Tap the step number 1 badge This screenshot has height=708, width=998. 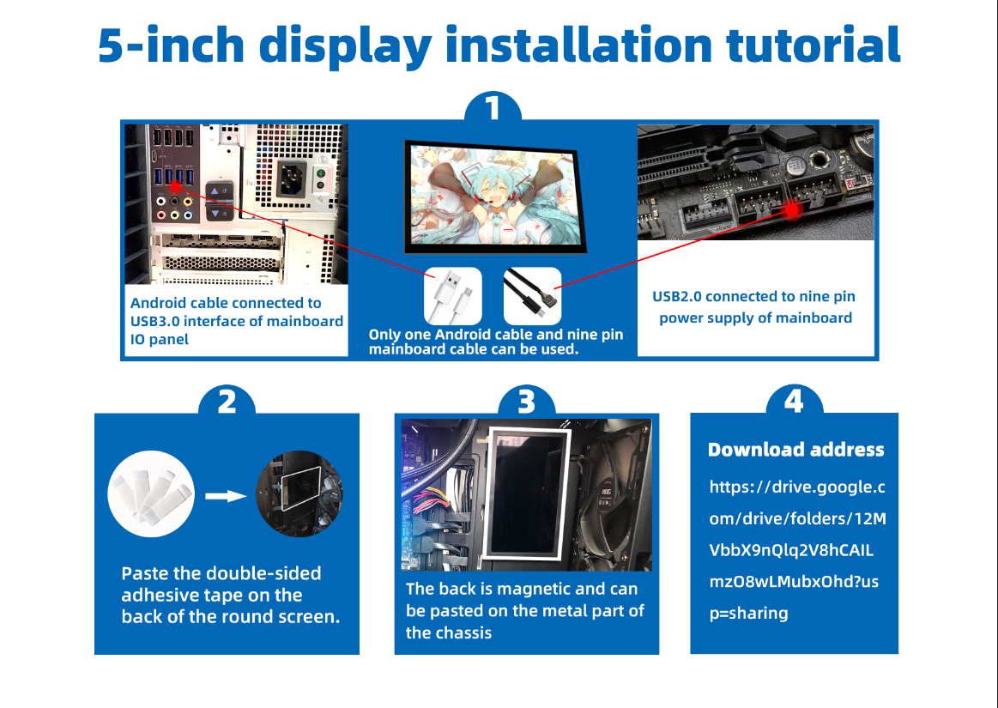click(x=493, y=110)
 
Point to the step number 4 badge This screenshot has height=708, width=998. click(x=794, y=401)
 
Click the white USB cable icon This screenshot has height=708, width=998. click(x=452, y=296)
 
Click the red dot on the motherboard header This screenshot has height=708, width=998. click(x=793, y=209)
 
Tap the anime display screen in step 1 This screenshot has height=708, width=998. click(x=490, y=198)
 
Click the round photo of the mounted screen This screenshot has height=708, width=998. click(x=299, y=493)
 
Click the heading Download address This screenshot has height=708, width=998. click(x=795, y=450)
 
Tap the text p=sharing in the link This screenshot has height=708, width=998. click(x=748, y=613)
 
